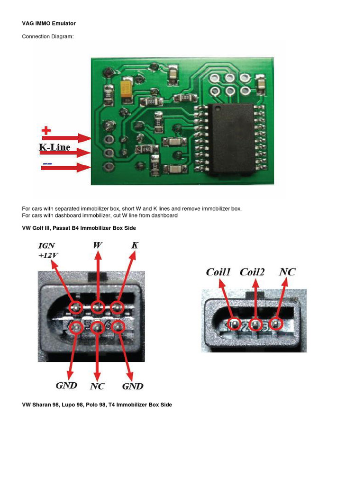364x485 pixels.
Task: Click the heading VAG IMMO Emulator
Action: [49, 23]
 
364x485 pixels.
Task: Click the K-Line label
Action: [55, 147]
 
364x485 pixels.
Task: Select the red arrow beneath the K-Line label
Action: [66, 153]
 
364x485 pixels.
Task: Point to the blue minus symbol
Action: [47, 164]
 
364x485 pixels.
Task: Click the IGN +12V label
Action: [48, 251]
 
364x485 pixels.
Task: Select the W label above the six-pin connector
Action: [98, 245]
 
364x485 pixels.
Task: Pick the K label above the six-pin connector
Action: [135, 245]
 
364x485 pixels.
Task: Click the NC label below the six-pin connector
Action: [97, 386]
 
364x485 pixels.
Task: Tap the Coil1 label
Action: [218, 272]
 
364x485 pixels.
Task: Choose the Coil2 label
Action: [252, 272]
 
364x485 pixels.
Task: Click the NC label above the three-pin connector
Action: [287, 272]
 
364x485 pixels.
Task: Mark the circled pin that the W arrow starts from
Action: [98, 308]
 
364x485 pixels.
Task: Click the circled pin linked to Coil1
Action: [234, 324]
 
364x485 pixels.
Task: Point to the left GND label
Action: [66, 386]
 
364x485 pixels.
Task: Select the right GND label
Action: [133, 386]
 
